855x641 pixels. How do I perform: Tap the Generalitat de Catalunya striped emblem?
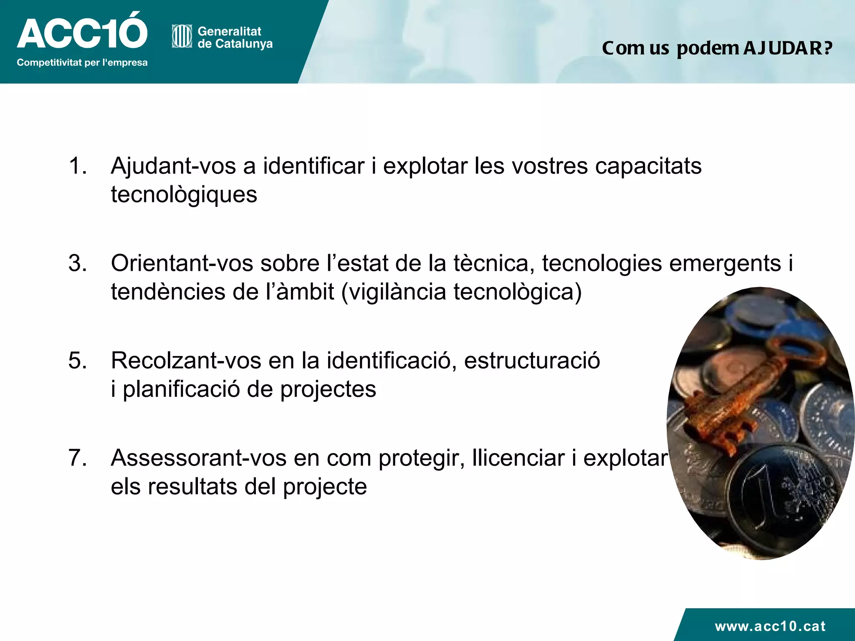pyautogui.click(x=182, y=36)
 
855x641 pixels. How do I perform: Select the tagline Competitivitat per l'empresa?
pyautogui.click(x=82, y=63)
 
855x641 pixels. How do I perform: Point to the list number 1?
pyautogui.click(x=78, y=166)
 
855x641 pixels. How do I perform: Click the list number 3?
pyautogui.click(x=78, y=263)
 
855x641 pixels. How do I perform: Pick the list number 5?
pyautogui.click(x=78, y=361)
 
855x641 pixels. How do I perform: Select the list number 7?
pyautogui.click(x=78, y=458)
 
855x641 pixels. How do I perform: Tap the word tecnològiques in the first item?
pyautogui.click(x=184, y=195)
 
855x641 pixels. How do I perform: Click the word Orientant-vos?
pyautogui.click(x=182, y=264)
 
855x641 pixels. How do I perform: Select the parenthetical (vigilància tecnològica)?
pyautogui.click(x=461, y=292)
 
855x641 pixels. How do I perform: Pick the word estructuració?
pyautogui.click(x=532, y=361)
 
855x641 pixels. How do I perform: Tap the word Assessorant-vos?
pyautogui.click(x=198, y=458)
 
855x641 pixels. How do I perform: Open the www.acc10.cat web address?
pyautogui.click(x=770, y=626)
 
